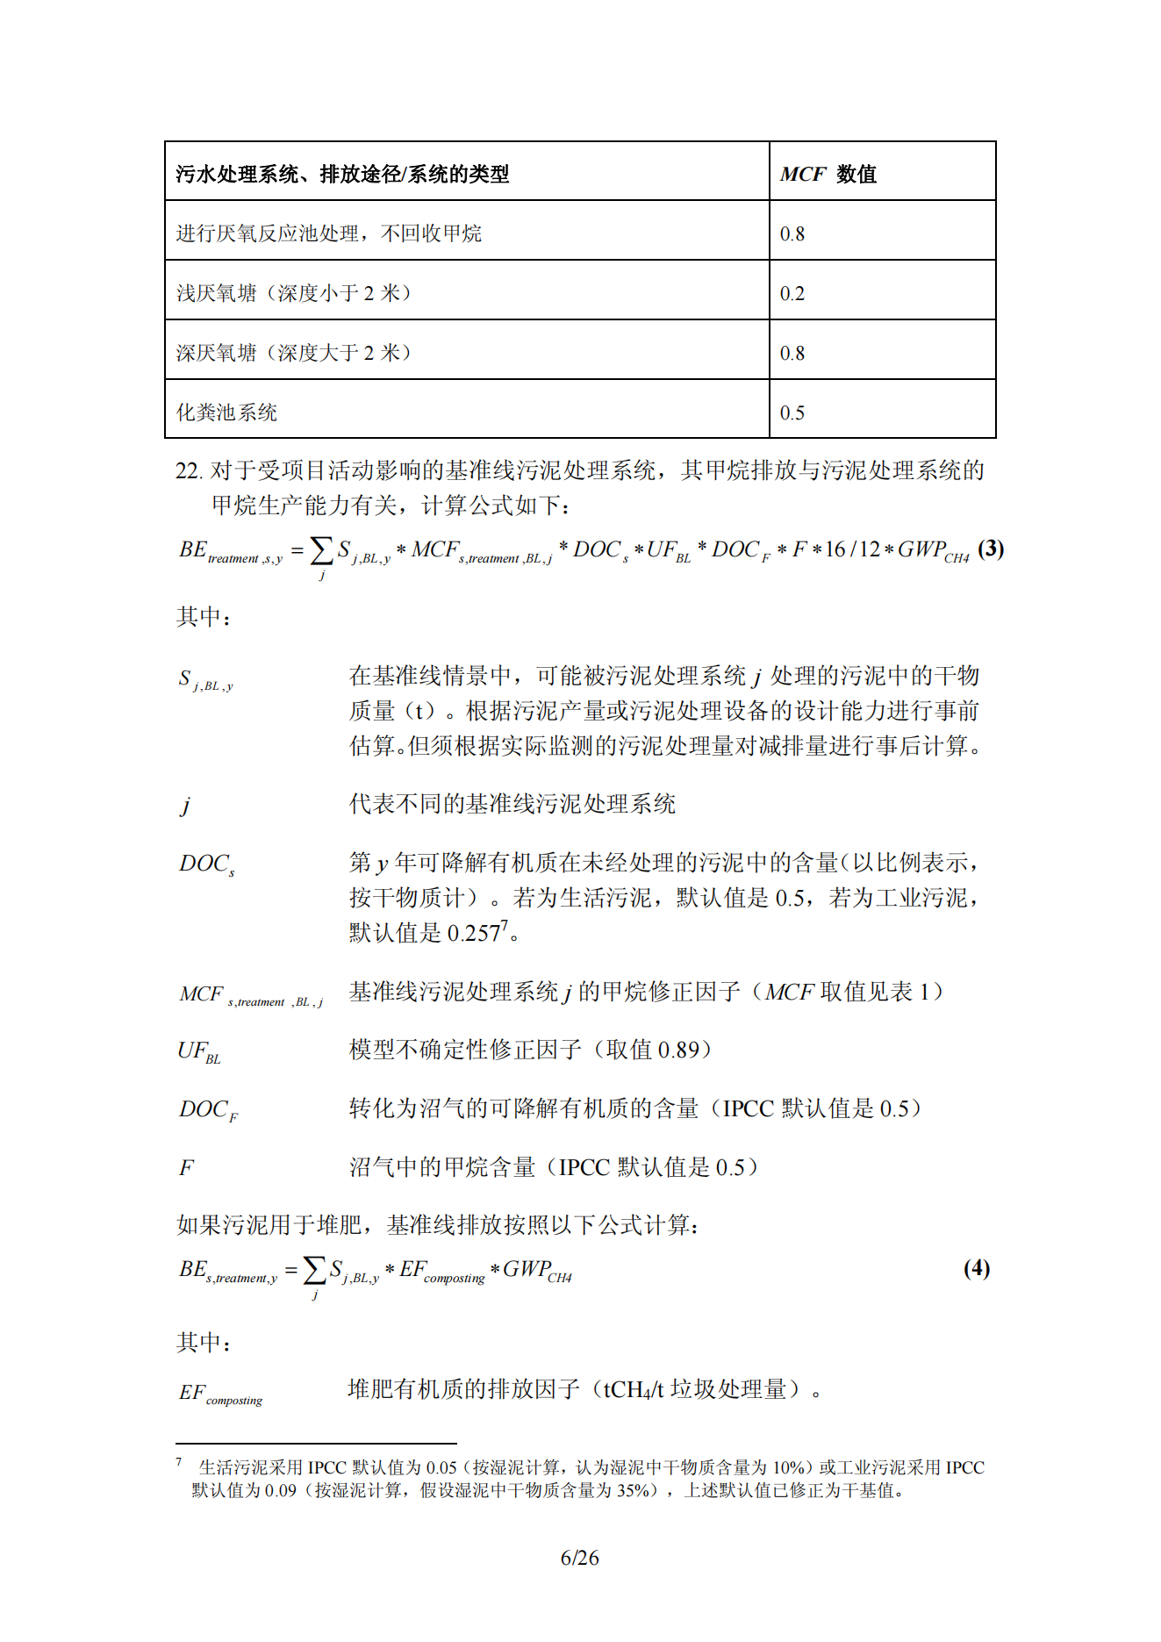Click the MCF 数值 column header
coord(828,174)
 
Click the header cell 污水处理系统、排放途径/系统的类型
coord(342,174)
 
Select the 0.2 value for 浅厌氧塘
coord(792,293)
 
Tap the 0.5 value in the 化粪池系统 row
coord(792,412)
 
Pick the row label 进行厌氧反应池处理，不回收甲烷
coord(328,233)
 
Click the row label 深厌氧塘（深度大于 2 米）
coord(293,353)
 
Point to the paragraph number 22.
coord(188,471)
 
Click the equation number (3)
coord(991,549)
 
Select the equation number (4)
coord(976,1268)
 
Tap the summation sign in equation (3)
coord(322,551)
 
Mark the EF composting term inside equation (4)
coord(441,1271)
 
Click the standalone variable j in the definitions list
coord(185,805)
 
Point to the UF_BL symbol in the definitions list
coord(199,1051)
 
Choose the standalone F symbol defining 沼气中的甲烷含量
coord(186,1168)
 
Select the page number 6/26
coord(579,1558)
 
